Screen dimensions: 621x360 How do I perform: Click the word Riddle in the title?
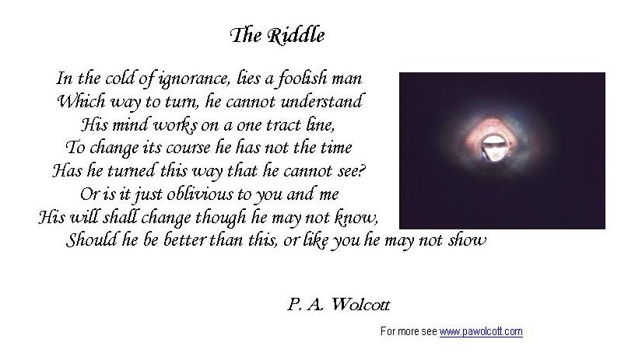[x=296, y=36]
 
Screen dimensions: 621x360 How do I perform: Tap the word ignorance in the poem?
[x=194, y=79]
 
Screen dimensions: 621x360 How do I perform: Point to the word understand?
[x=321, y=101]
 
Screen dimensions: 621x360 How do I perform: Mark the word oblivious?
[x=199, y=194]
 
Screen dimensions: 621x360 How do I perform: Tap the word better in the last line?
[x=184, y=239]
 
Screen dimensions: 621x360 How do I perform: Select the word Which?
[x=81, y=101]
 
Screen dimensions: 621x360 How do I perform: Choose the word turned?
[x=131, y=171]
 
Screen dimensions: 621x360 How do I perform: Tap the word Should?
[x=92, y=239]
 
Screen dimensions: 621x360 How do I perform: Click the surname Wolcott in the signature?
[x=360, y=305]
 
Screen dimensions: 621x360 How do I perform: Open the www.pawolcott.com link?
[x=481, y=331]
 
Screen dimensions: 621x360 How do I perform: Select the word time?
[x=336, y=148]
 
